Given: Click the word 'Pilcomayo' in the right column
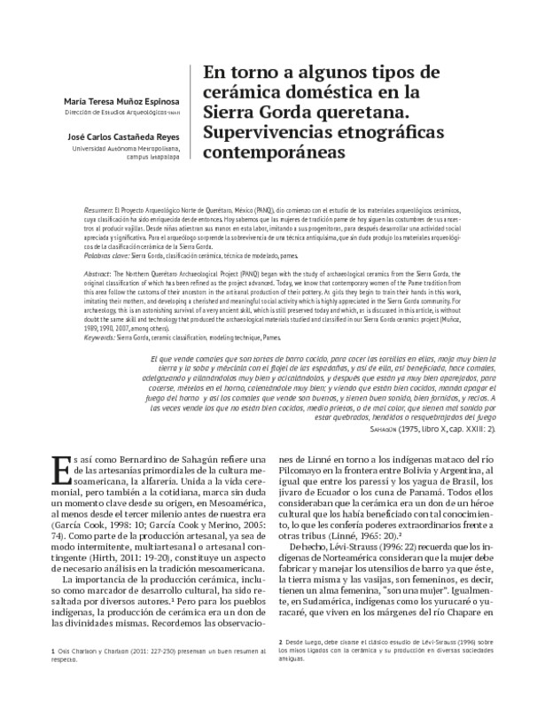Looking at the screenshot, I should pyautogui.click(x=308, y=473).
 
